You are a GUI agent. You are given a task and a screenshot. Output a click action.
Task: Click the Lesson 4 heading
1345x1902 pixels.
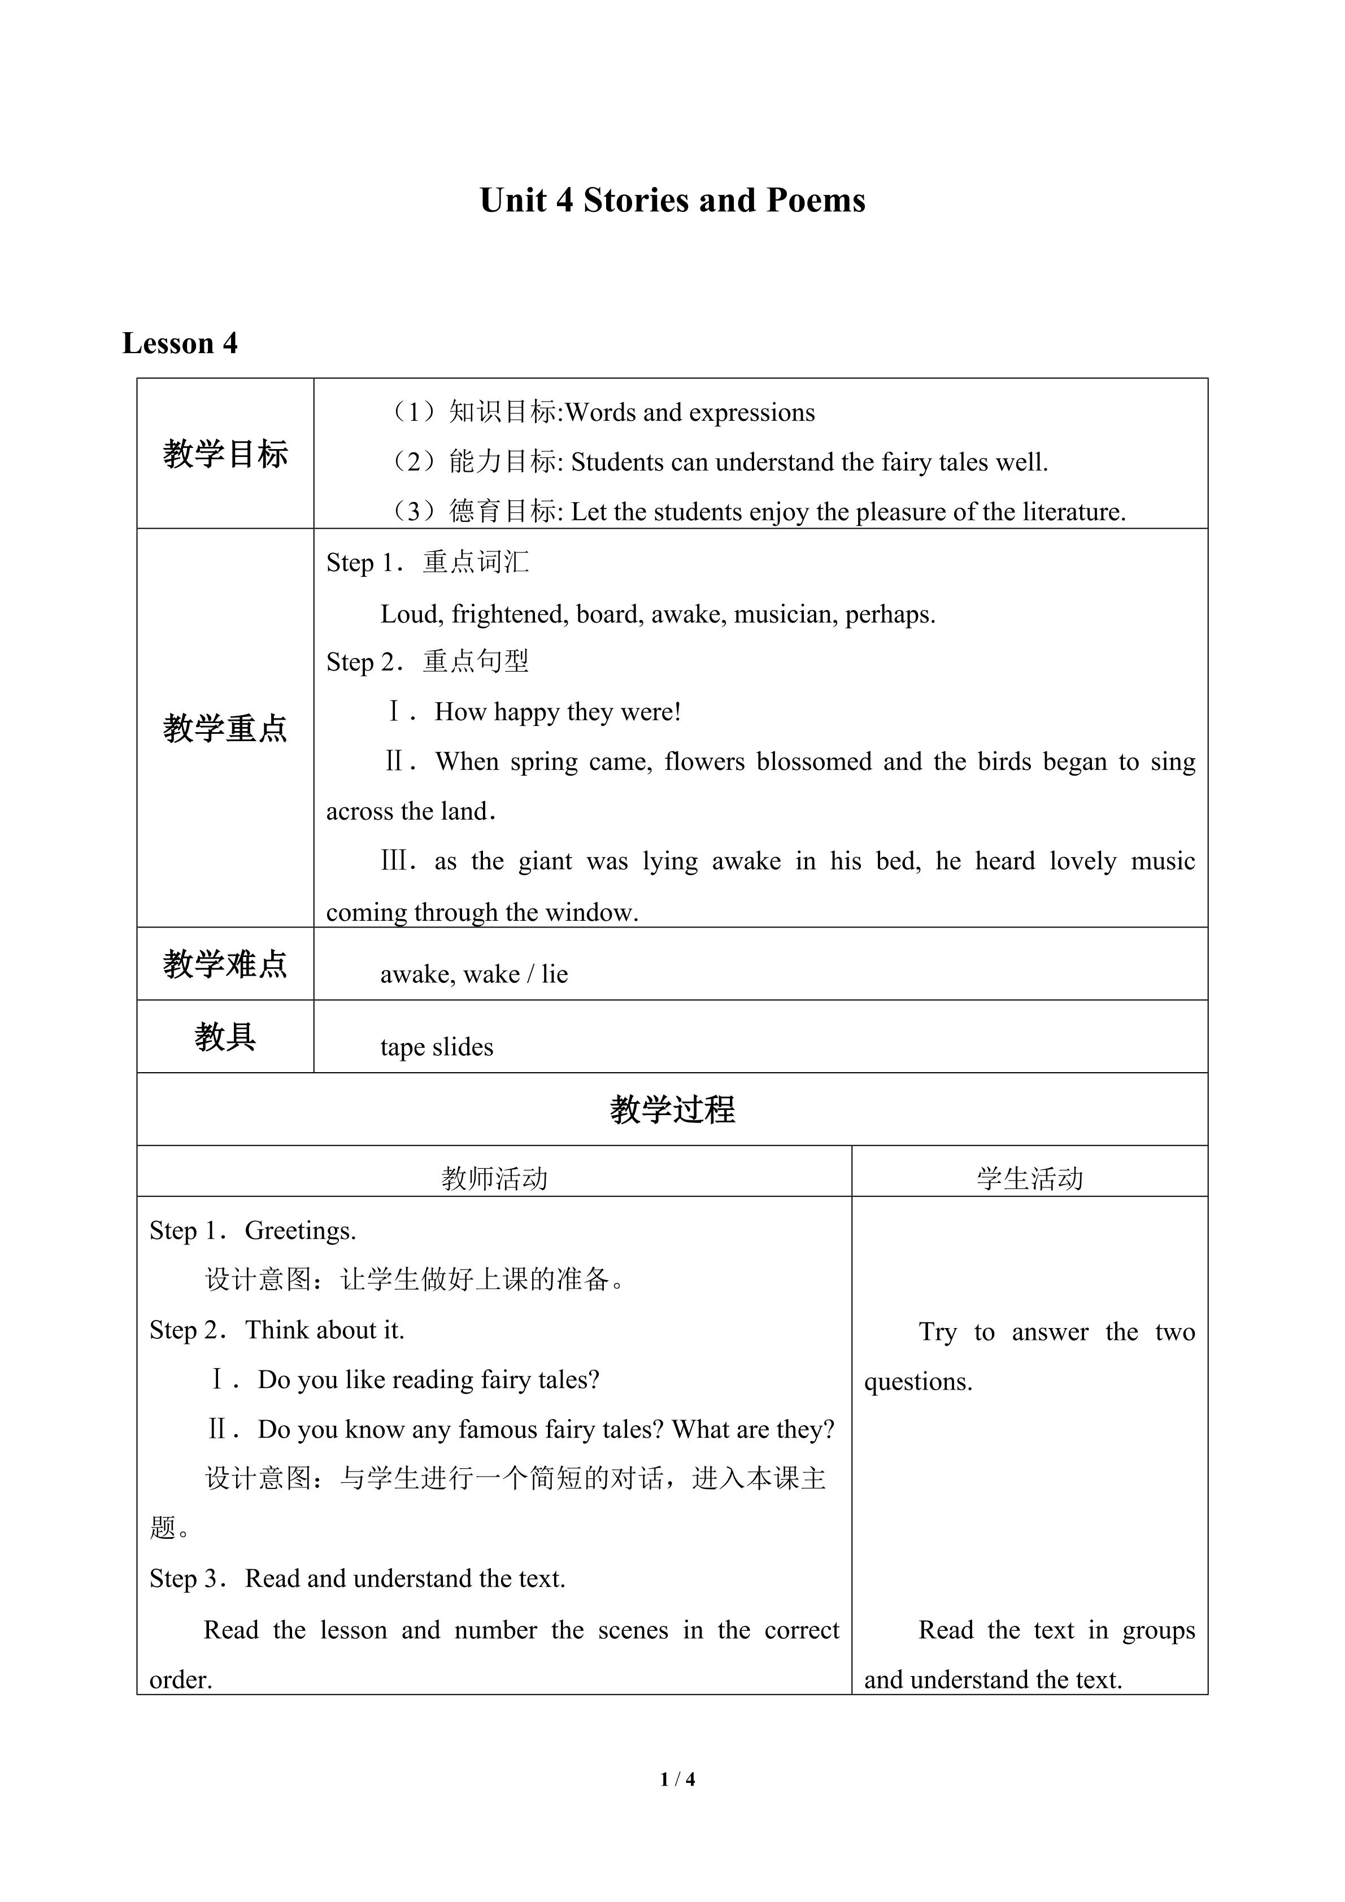pyautogui.click(x=180, y=343)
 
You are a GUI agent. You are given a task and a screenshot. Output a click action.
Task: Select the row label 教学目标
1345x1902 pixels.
pyautogui.click(x=225, y=454)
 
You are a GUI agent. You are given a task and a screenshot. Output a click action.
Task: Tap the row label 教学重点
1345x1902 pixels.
pyautogui.click(x=225, y=728)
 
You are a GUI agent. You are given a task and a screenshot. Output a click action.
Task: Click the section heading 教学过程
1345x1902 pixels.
pyautogui.click(x=672, y=1109)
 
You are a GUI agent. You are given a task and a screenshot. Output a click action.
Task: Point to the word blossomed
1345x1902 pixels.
pyautogui.click(x=814, y=761)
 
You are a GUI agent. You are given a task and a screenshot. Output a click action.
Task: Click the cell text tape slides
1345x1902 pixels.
pyautogui.click(x=437, y=1047)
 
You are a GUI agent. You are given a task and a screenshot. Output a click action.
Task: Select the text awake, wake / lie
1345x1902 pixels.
pyautogui.click(x=474, y=974)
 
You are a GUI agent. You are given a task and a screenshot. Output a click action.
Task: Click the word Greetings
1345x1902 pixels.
pyautogui.click(x=300, y=1231)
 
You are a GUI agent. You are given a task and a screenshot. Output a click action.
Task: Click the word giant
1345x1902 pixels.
pyautogui.click(x=545, y=861)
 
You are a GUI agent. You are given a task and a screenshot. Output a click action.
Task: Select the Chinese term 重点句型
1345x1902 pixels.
pyautogui.click(x=476, y=661)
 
